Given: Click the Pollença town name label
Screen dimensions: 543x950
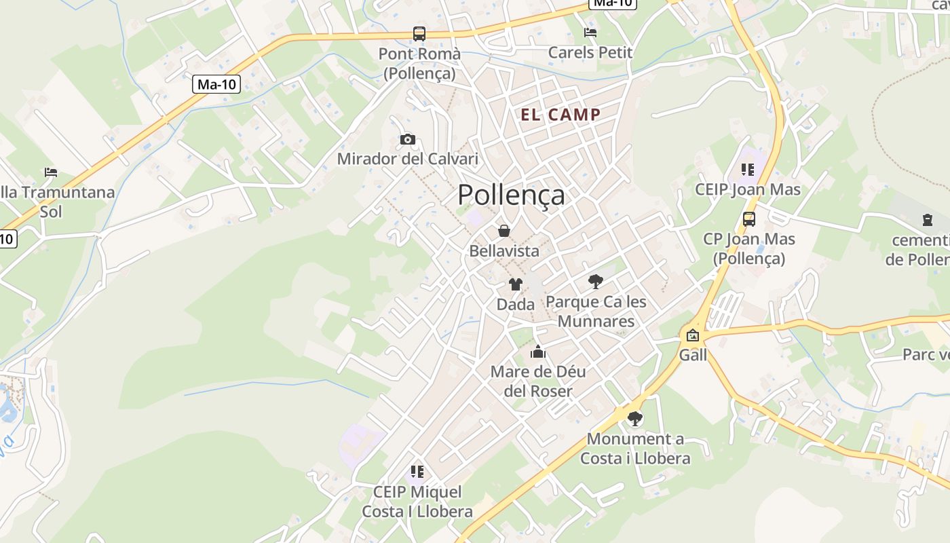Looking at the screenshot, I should pyautogui.click(x=511, y=195).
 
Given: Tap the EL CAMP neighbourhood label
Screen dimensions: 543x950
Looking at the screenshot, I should pyautogui.click(x=560, y=115).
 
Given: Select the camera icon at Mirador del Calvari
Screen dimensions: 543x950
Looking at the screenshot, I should pyautogui.click(x=407, y=140).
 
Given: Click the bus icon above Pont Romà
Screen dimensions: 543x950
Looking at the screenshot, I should pyautogui.click(x=419, y=33).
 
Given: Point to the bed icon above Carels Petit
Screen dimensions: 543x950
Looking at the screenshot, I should pyautogui.click(x=590, y=32).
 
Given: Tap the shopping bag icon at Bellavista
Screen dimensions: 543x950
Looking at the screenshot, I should pyautogui.click(x=504, y=231).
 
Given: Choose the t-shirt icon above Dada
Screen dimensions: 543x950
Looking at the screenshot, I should pyautogui.click(x=516, y=284).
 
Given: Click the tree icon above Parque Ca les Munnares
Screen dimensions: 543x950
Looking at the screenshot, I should pyautogui.click(x=596, y=281).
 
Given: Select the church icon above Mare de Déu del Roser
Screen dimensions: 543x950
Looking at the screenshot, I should pyautogui.click(x=538, y=352).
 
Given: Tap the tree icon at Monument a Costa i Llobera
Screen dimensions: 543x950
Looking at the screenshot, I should pyautogui.click(x=634, y=419).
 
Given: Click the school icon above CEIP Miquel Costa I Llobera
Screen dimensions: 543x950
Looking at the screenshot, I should pyautogui.click(x=417, y=472).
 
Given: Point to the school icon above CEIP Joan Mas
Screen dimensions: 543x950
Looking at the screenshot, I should pyautogui.click(x=748, y=170).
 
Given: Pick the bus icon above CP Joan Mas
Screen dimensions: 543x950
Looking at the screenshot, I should pyautogui.click(x=749, y=219).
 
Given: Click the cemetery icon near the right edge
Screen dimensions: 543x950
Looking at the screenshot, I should pyautogui.click(x=927, y=220).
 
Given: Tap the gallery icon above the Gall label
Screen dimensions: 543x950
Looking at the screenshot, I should pyautogui.click(x=693, y=335).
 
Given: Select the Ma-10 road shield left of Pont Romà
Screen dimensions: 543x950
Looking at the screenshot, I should pyautogui.click(x=217, y=84).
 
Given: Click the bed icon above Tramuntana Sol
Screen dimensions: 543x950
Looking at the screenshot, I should pyautogui.click(x=51, y=172).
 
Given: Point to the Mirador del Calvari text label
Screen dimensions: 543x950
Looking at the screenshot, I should pyautogui.click(x=407, y=160).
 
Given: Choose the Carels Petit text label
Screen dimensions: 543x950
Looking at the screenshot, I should pyautogui.click(x=590, y=52).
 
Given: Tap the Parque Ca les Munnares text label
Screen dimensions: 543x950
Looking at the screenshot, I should pyautogui.click(x=596, y=311).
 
